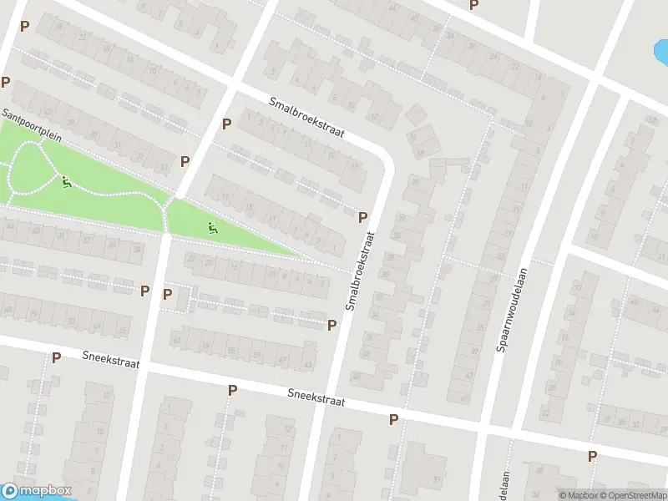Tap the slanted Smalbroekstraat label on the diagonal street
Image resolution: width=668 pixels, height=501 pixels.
pyautogui.click(x=306, y=118)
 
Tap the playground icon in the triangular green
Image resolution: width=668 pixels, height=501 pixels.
pyautogui.click(x=213, y=225)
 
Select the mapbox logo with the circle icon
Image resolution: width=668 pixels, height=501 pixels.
pyautogui.click(x=38, y=491)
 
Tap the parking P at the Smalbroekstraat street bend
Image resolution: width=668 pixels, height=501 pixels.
pyautogui.click(x=362, y=217)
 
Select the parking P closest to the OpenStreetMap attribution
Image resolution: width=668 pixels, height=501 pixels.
pyautogui.click(x=592, y=456)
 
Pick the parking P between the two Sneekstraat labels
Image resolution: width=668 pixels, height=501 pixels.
pyautogui.click(x=232, y=390)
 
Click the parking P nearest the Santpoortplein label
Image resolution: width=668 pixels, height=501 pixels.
pyautogui.click(x=6, y=83)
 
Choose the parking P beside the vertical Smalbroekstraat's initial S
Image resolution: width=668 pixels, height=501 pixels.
pyautogui.click(x=331, y=325)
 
